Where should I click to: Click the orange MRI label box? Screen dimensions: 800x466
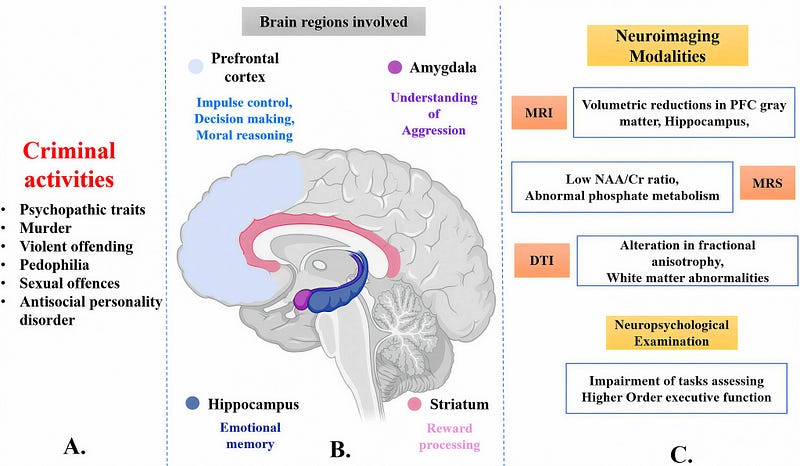[x=539, y=112]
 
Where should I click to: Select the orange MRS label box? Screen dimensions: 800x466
[x=767, y=182]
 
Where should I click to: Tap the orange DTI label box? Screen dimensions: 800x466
[x=541, y=260]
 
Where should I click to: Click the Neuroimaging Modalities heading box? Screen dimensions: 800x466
[x=667, y=45]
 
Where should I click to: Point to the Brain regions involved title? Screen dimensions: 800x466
[x=334, y=21]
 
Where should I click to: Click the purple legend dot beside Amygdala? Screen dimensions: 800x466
[x=395, y=67]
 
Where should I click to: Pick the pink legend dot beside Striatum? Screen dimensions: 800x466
[x=414, y=404]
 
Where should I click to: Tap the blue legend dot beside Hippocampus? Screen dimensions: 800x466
[x=192, y=403]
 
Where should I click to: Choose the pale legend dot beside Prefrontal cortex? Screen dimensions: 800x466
[x=196, y=66]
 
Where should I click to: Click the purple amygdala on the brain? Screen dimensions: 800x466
[x=301, y=300]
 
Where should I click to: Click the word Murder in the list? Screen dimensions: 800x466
[x=45, y=228]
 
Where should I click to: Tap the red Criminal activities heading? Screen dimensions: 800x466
[x=69, y=165]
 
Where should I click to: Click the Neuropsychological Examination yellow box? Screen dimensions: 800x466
[x=671, y=333]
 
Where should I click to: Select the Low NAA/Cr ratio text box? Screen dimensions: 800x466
[x=622, y=187]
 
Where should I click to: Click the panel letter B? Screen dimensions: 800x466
[x=340, y=449]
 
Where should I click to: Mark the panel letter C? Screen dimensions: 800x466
[x=681, y=454]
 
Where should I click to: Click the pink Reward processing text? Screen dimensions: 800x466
[x=449, y=436]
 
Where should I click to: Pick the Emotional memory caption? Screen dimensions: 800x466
[x=250, y=435]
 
